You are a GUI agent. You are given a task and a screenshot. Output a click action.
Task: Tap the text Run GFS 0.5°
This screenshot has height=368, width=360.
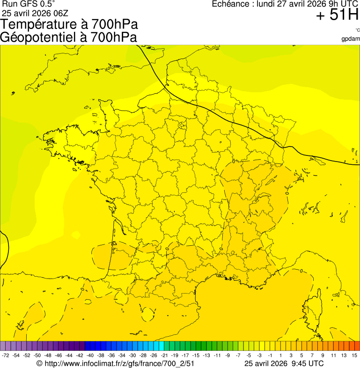pyautogui.click(x=28, y=4)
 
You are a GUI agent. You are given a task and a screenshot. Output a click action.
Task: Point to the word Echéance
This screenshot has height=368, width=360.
pyautogui.click(x=231, y=4)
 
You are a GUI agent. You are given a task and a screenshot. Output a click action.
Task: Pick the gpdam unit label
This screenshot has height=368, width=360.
pyautogui.click(x=351, y=38)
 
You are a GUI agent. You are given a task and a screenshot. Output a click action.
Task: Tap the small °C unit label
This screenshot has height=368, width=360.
pyautogui.click(x=357, y=30)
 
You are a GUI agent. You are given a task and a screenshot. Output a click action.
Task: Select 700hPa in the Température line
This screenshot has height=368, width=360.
pyautogui.click(x=115, y=24)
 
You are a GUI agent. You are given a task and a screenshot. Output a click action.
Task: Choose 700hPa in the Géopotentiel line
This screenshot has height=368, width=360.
pyautogui.click(x=115, y=37)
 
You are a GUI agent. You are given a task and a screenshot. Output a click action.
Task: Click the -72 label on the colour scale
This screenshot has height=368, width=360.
pyautogui.click(x=6, y=355)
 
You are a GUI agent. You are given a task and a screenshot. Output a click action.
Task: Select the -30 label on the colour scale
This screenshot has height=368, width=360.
pyautogui.click(x=133, y=355)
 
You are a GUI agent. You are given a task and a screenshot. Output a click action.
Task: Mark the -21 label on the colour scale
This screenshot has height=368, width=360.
pyautogui.click(x=164, y=355)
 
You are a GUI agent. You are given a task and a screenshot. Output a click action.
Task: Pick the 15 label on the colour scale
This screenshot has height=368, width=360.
pyautogui.click(x=354, y=355)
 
